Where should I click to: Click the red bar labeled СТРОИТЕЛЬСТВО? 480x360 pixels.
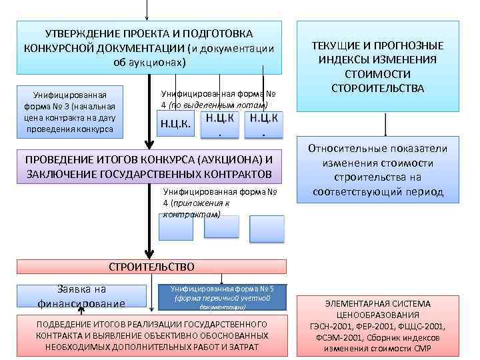coord(151,267)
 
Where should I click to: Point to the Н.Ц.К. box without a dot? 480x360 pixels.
coord(175,125)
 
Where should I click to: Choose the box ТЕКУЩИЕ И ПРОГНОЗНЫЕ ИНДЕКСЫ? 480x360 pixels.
coord(378,66)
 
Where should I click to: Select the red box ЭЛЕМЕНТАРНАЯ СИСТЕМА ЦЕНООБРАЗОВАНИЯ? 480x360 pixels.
coord(378,325)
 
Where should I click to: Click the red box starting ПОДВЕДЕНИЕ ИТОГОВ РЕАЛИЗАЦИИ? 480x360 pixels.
coord(148,335)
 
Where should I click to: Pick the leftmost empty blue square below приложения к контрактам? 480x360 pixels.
coord(176,228)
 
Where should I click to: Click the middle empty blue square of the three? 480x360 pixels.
coord(221,227)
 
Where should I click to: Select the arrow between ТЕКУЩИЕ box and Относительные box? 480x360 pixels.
coord(385,125)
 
